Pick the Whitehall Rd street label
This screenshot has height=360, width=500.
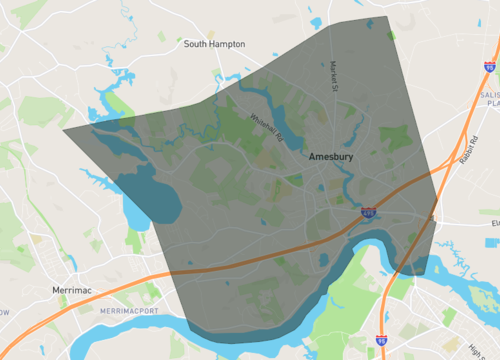click(x=267, y=126)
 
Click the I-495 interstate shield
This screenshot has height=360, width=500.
click(x=368, y=213)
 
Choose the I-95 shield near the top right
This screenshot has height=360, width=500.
click(x=489, y=67)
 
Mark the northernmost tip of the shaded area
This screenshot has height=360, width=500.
click(x=387, y=17)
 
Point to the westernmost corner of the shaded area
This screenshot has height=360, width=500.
click(x=63, y=129)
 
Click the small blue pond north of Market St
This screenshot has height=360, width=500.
click(x=317, y=21)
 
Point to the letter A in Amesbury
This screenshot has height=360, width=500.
click(x=313, y=158)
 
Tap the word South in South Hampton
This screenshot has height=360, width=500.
click(x=195, y=44)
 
